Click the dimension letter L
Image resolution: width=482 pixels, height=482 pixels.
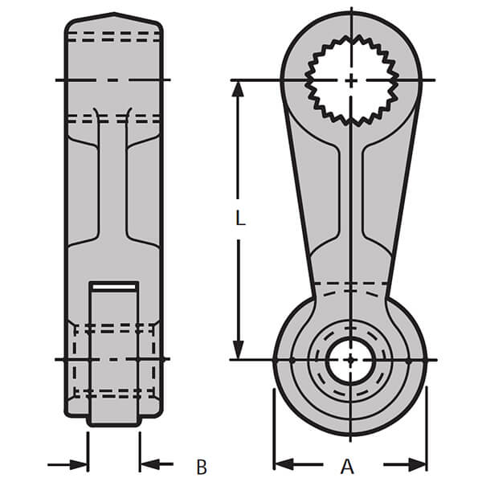[x=239, y=217]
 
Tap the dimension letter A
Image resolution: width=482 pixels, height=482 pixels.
[x=347, y=465]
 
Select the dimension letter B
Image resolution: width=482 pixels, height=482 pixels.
[x=202, y=465]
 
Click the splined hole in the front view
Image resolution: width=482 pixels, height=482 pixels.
[x=352, y=80]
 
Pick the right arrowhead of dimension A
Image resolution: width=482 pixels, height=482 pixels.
[x=418, y=464]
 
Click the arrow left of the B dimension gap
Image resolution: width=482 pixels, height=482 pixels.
[x=79, y=464]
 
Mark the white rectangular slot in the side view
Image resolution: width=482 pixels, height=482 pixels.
[x=113, y=286]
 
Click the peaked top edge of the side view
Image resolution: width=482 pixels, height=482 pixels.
[x=113, y=16]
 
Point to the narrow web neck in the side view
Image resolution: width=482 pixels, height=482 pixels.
[x=113, y=185]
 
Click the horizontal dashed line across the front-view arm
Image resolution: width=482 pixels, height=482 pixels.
[x=351, y=284]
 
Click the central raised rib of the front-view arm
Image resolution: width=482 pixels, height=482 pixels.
[x=351, y=201]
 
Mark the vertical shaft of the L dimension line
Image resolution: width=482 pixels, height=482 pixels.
[x=239, y=161]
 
